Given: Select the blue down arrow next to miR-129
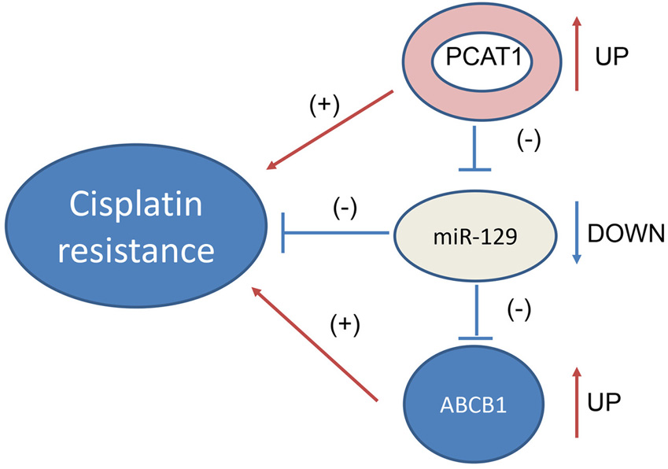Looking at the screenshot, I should (576, 233).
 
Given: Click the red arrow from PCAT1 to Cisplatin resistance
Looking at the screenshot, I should (330, 130).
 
